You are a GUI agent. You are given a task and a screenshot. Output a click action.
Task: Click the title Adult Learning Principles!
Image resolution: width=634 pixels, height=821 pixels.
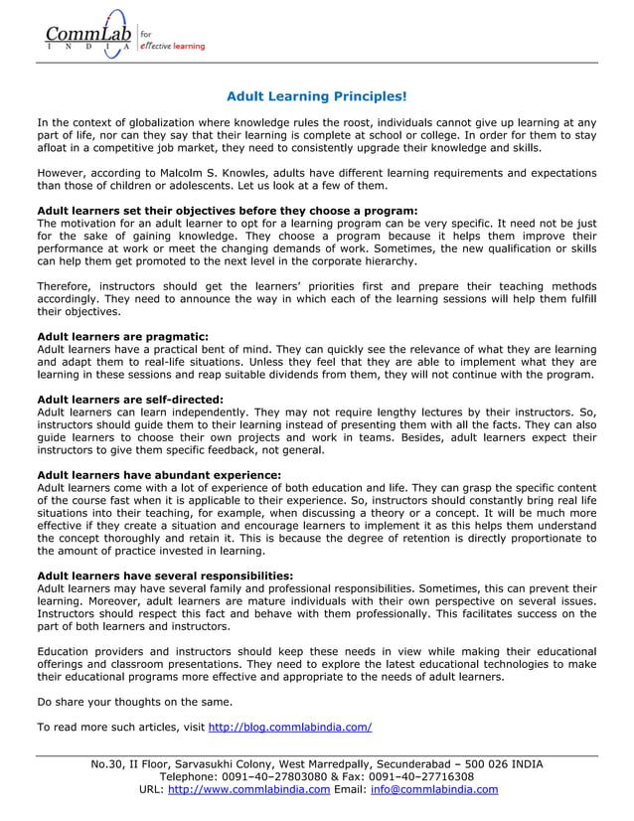tap(316, 96)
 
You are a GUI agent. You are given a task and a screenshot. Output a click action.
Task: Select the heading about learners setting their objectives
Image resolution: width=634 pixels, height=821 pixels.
tap(227, 210)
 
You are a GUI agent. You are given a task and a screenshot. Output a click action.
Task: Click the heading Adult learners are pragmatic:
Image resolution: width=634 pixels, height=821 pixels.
tap(122, 337)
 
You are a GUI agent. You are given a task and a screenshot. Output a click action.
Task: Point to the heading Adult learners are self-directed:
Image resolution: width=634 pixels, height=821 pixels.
tap(130, 400)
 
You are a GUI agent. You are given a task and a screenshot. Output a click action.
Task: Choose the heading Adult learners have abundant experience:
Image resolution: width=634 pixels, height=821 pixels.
tap(159, 475)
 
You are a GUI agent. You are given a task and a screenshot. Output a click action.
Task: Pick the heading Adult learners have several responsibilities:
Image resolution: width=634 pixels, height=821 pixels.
tap(165, 575)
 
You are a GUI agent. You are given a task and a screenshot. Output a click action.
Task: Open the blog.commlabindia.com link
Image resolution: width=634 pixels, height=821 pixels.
tap(290, 727)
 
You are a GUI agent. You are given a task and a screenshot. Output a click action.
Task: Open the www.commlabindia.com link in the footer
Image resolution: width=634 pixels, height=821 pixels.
tap(248, 790)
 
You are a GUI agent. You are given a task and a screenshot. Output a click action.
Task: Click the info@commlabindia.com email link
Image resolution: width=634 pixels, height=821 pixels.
tap(433, 790)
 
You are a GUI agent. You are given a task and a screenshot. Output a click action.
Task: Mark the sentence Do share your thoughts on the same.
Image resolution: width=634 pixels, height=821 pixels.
tap(134, 702)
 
